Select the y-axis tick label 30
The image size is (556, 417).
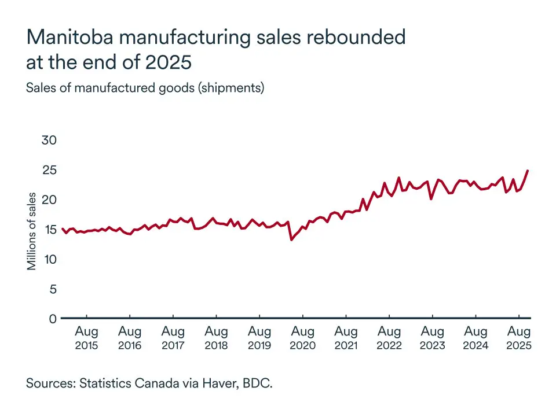pyautogui.click(x=49, y=141)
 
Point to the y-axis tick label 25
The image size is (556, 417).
pyautogui.click(x=49, y=170)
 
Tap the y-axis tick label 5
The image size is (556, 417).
pyautogui.click(x=53, y=289)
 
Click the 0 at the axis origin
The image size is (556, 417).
pyautogui.click(x=53, y=319)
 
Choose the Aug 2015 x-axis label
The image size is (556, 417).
pyautogui.click(x=86, y=338)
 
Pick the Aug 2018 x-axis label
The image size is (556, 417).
pyautogui.click(x=216, y=338)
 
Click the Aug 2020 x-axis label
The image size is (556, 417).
pyautogui.click(x=302, y=338)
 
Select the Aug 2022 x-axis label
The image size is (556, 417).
pyautogui.click(x=389, y=338)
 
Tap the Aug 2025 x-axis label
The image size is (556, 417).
pyautogui.click(x=519, y=338)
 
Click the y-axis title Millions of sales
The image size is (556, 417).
pyautogui.click(x=32, y=231)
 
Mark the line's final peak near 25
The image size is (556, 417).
pyautogui.click(x=528, y=171)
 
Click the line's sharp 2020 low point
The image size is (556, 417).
pyautogui.click(x=291, y=239)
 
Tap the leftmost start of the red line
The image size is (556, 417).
pyautogui.click(x=61, y=228)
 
